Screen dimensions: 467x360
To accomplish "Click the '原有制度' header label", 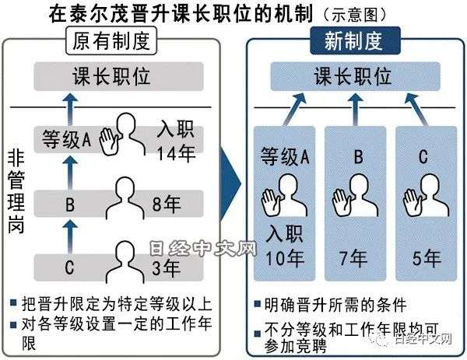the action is [x=111, y=40].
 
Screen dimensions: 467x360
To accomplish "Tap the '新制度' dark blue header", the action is [x=355, y=40].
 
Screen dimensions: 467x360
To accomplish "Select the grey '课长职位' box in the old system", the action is [x=118, y=76].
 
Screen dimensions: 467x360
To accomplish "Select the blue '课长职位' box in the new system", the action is [x=355, y=76].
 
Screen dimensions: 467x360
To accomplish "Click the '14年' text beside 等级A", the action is [x=176, y=153].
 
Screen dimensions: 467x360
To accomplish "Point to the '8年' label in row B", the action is [x=167, y=204].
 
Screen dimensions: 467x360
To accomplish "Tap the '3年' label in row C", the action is [x=166, y=267].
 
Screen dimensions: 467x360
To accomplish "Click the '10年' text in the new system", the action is [x=285, y=258].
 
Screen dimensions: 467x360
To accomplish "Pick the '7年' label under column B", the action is [x=353, y=258].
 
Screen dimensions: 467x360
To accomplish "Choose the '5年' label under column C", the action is [x=427, y=258].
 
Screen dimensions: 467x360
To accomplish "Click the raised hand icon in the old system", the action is [x=109, y=141].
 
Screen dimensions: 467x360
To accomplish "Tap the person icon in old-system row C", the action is [x=125, y=262].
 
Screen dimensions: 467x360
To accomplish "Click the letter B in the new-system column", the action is [x=359, y=156].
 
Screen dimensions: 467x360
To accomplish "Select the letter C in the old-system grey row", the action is [x=69, y=267].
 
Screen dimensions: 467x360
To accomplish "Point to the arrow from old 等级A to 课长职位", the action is [x=70, y=109].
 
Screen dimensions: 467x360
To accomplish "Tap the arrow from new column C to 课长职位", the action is [x=416, y=109].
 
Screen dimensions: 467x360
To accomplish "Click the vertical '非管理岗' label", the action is [x=16, y=192].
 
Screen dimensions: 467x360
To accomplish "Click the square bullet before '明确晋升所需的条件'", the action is [x=257, y=304].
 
